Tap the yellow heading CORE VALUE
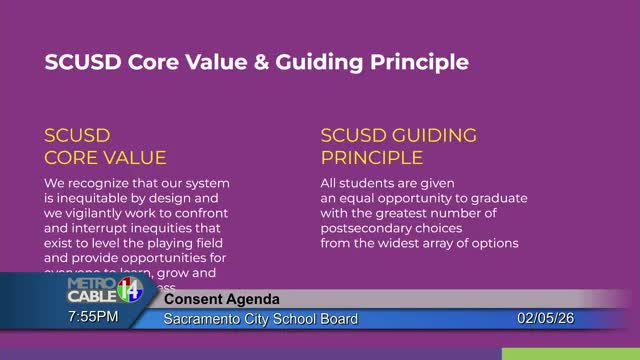(x=105, y=158)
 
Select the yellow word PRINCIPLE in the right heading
(x=372, y=158)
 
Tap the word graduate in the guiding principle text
(x=495, y=198)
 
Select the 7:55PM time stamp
(x=93, y=317)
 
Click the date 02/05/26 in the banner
(x=546, y=319)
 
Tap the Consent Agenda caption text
(x=222, y=300)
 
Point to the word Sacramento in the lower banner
(x=205, y=319)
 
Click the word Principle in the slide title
(x=418, y=63)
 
